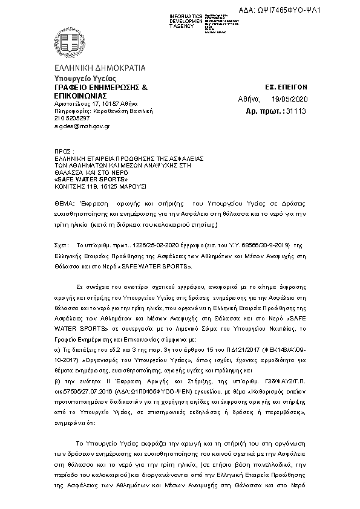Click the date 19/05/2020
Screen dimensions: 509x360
point(290,98)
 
